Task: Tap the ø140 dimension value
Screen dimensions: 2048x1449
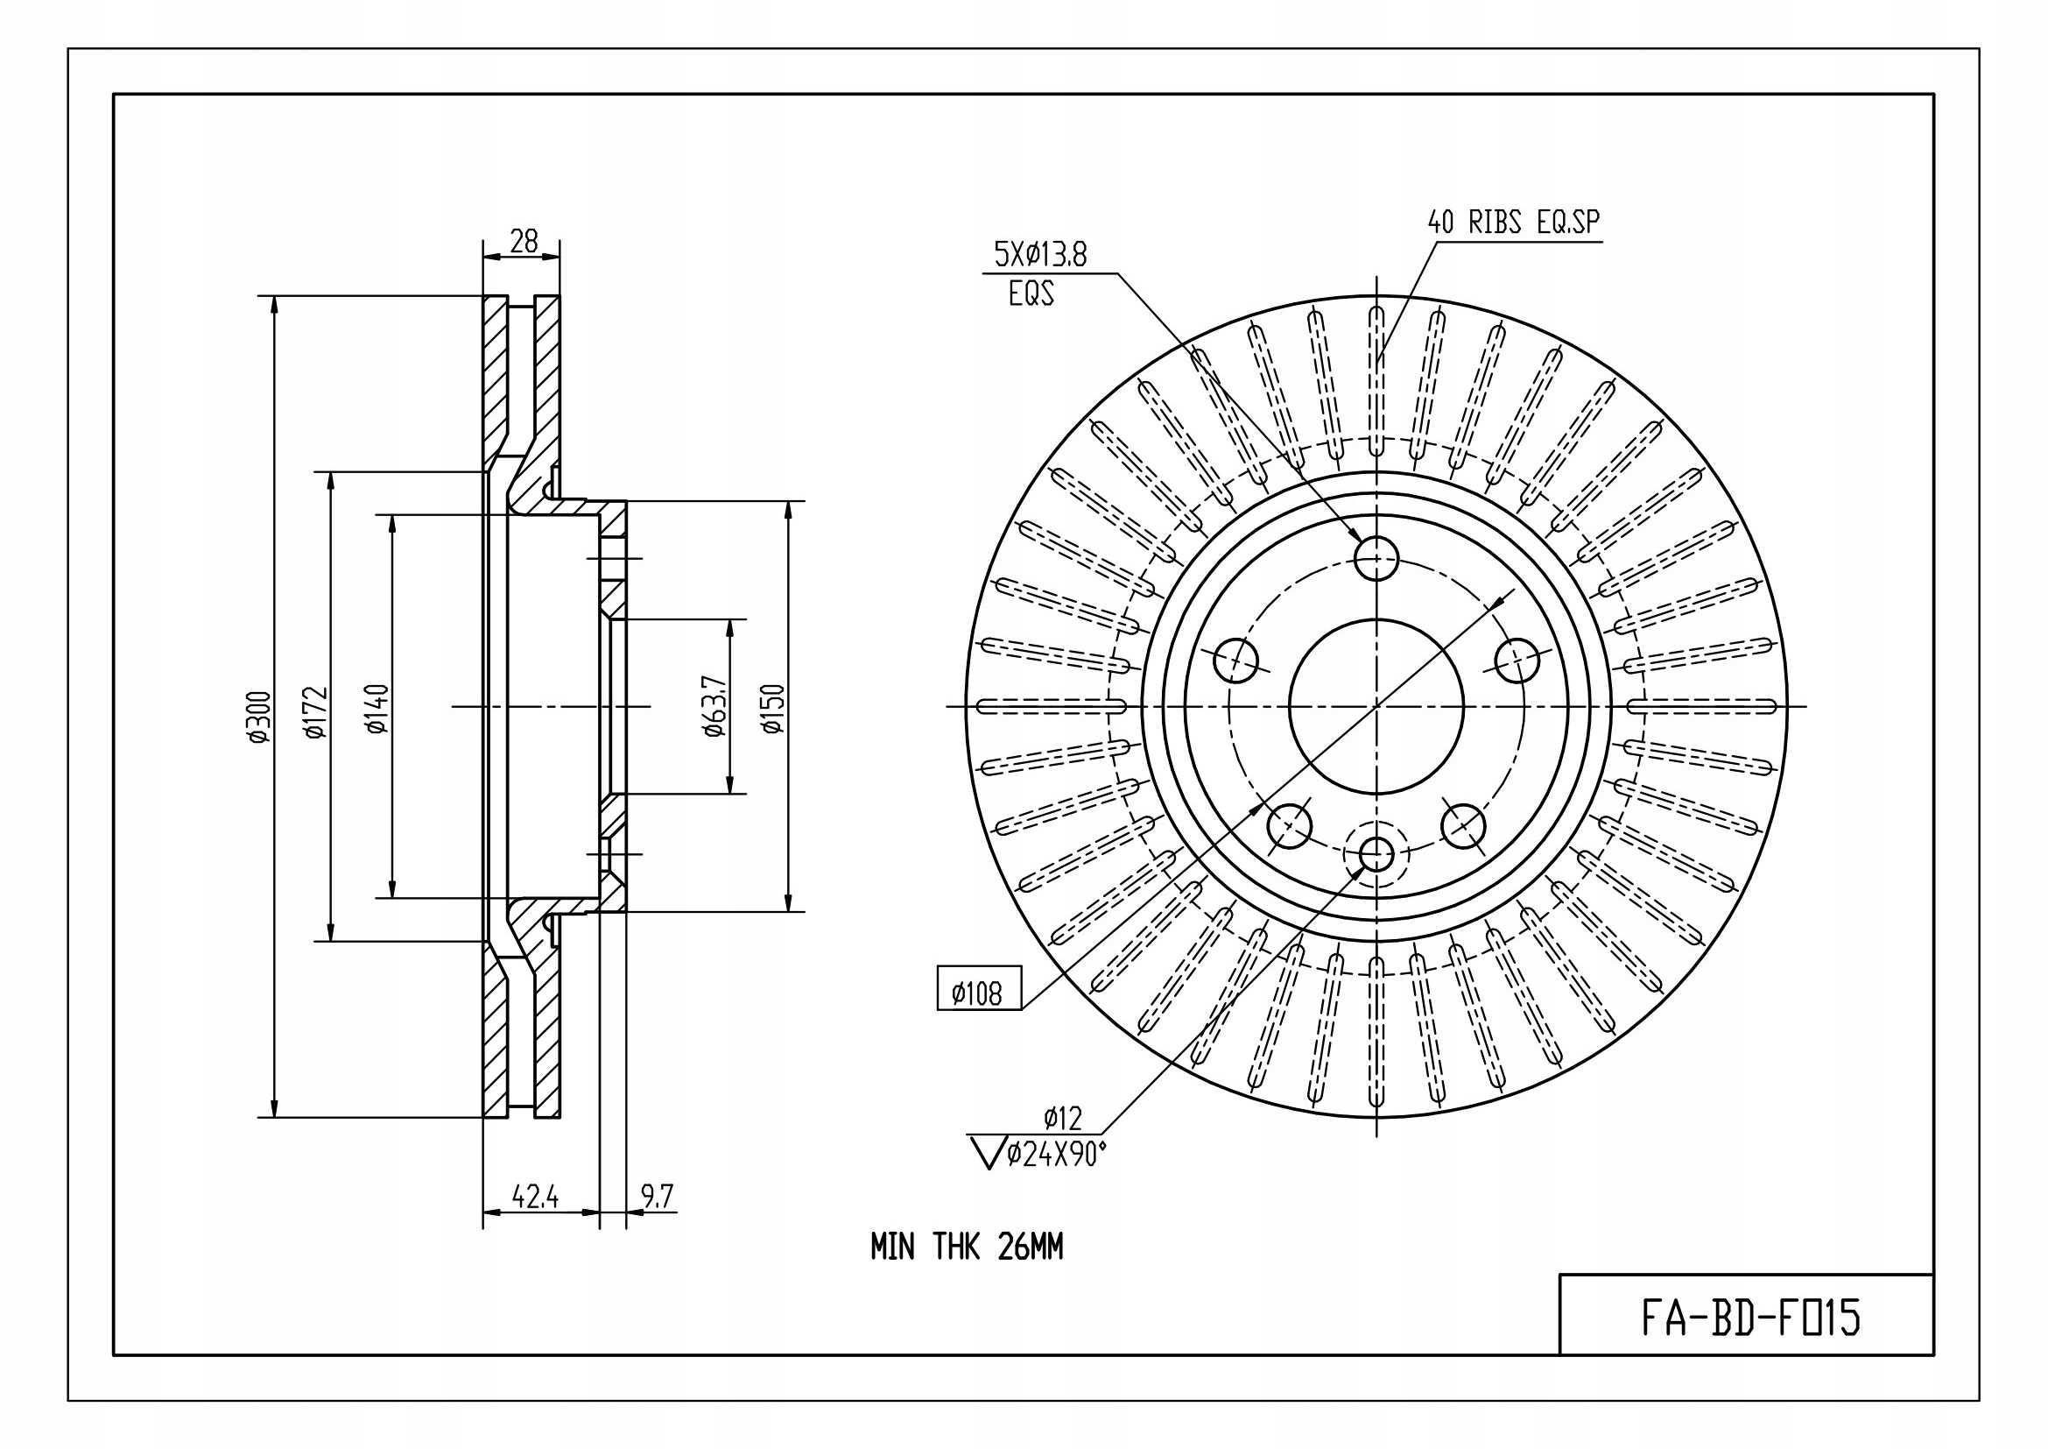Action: click(x=377, y=709)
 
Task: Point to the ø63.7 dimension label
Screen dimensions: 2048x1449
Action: click(x=715, y=706)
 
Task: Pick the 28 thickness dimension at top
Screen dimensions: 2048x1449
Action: click(x=524, y=241)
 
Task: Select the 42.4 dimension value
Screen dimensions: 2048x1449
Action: click(x=535, y=1197)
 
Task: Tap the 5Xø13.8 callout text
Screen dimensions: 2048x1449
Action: click(x=1040, y=255)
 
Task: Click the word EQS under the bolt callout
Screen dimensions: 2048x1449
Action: click(x=1031, y=293)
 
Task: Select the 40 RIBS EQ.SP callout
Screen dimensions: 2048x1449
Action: click(x=1514, y=223)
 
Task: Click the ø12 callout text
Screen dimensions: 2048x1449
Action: click(x=1062, y=1117)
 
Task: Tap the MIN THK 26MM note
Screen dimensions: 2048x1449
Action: click(x=967, y=1248)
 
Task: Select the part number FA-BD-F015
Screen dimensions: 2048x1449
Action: click(x=1751, y=1317)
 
